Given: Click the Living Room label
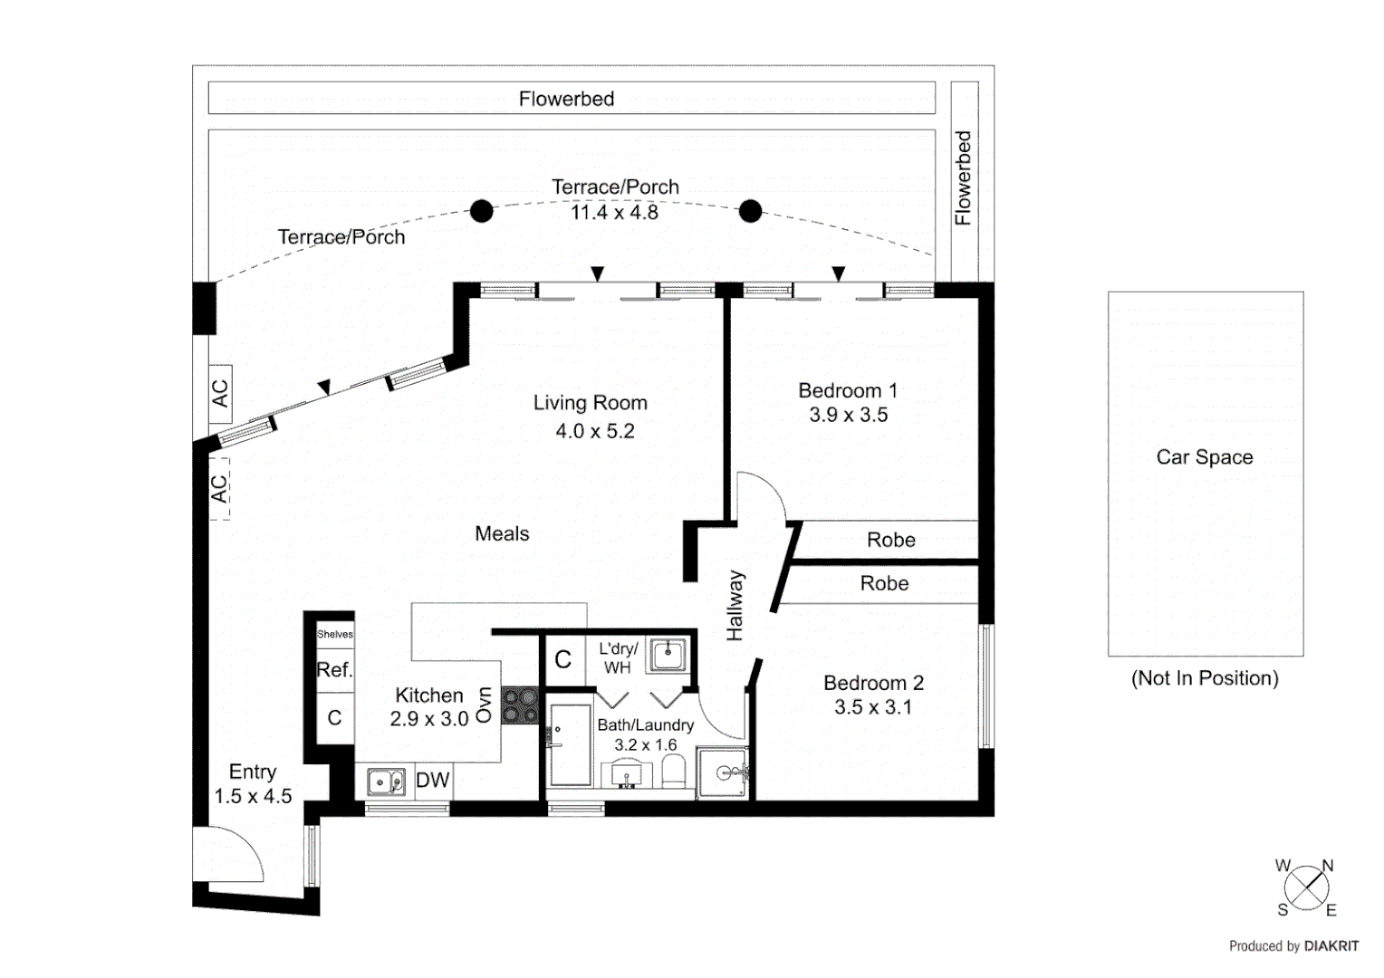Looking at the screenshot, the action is click(590, 403).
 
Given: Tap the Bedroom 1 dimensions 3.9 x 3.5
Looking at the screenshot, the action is click(848, 415).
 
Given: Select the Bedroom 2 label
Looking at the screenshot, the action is click(873, 683).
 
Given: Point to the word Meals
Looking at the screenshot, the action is click(502, 533).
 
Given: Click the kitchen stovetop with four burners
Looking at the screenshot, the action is click(520, 705).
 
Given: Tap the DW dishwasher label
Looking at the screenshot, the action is click(432, 781).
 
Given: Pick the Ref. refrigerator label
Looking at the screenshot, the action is click(333, 670).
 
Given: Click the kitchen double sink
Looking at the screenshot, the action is click(386, 781).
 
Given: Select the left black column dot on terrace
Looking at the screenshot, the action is click(482, 211).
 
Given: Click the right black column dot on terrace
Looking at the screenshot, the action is click(750, 211).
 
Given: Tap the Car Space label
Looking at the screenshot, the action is click(1205, 457).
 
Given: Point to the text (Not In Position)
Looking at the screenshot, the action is click(1205, 678).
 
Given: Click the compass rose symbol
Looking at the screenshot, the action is click(1306, 887).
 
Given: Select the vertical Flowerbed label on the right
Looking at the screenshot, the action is click(963, 177).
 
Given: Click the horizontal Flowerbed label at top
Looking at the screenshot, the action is click(566, 99).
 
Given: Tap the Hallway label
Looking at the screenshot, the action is click(735, 606).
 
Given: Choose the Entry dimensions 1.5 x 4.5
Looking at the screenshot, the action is click(253, 796).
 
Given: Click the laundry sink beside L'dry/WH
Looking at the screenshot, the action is click(668, 653).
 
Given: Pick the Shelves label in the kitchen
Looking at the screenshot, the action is click(335, 634).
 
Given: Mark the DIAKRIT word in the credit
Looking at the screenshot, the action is click(1331, 946).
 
